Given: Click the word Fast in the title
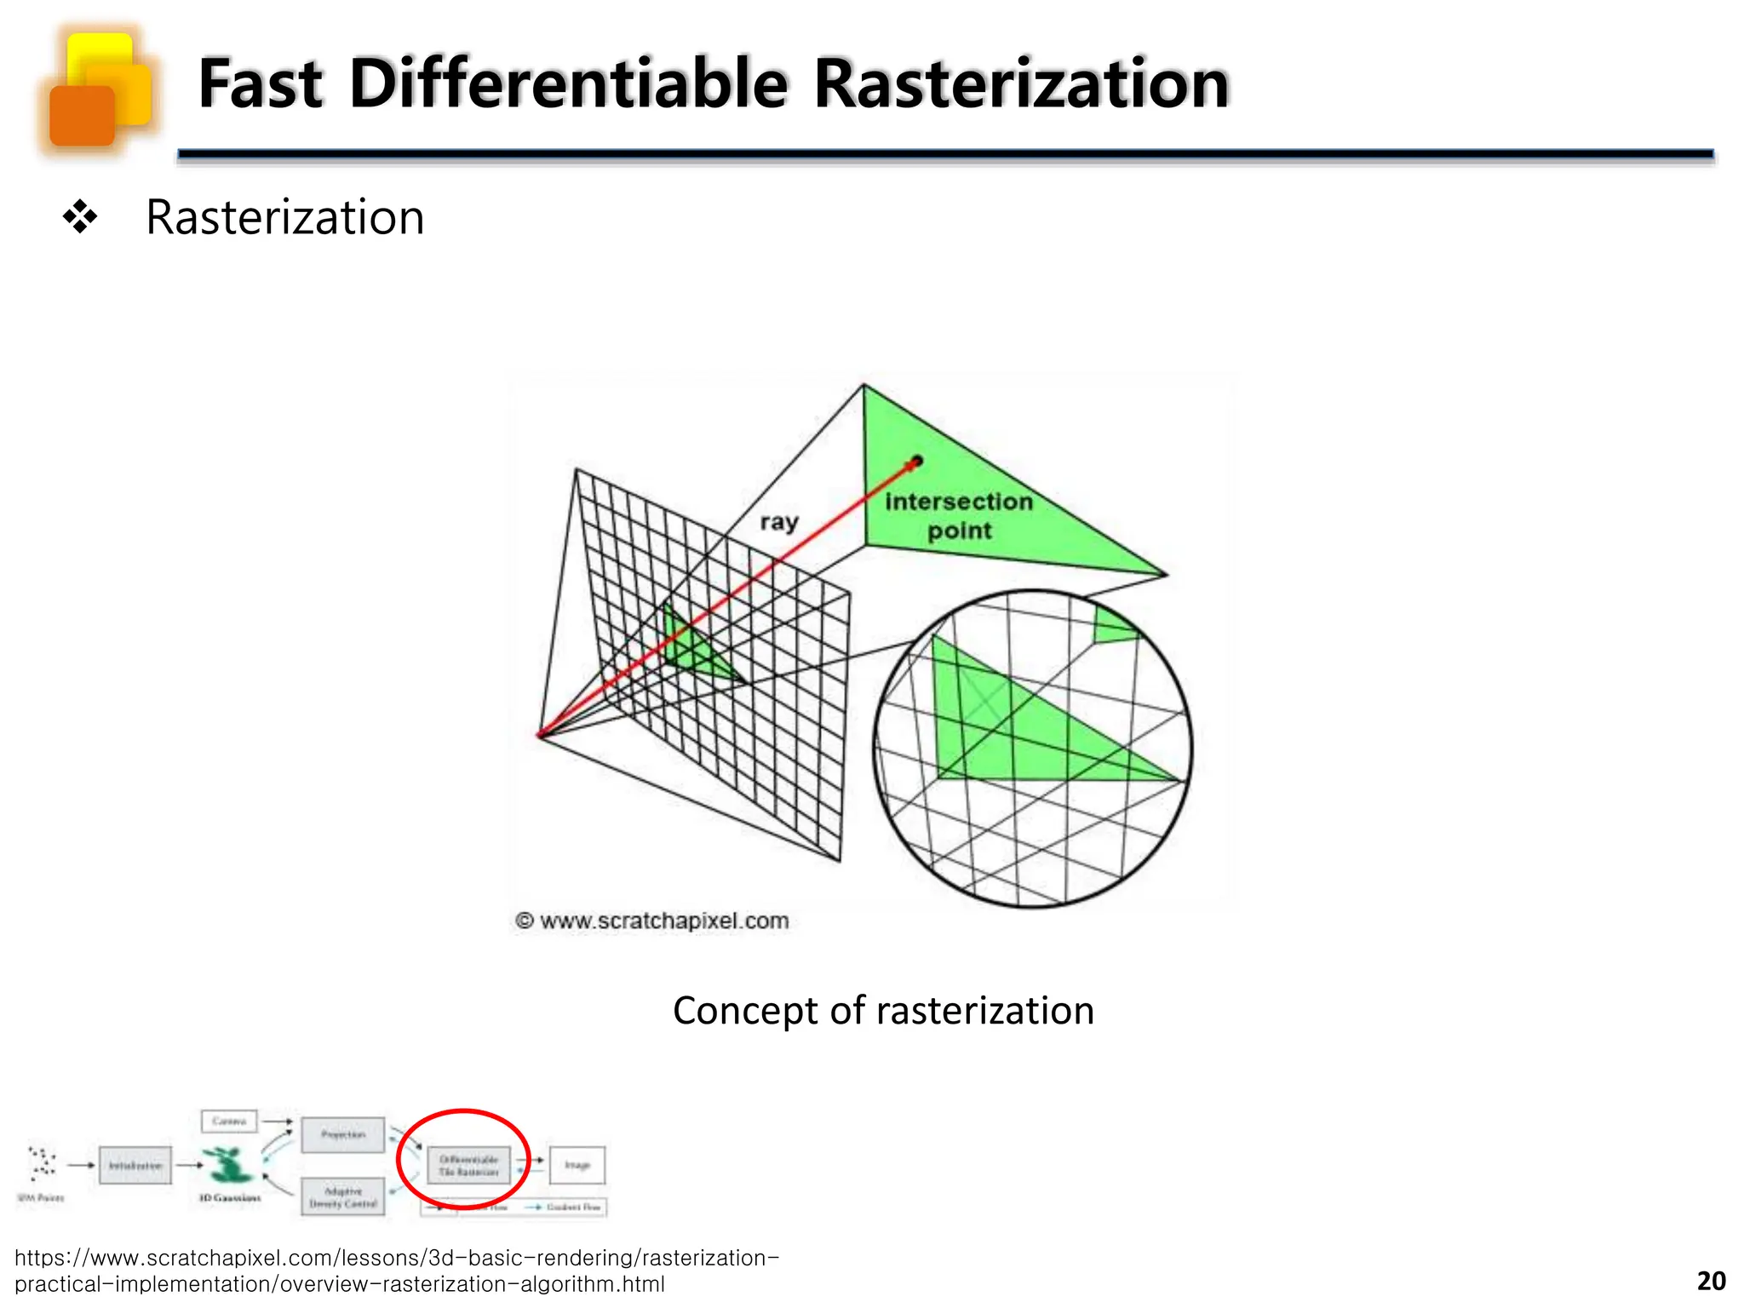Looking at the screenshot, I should [x=260, y=84].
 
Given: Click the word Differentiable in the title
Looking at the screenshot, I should [x=569, y=84].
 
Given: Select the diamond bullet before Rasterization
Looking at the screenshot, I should [x=80, y=217].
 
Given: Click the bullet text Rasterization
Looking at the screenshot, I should [x=284, y=217].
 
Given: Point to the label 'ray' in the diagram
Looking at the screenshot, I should [x=778, y=521].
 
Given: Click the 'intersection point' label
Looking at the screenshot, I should [x=959, y=516].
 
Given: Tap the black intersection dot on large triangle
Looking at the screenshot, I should [x=916, y=462].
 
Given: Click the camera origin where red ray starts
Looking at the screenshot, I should [x=540, y=735].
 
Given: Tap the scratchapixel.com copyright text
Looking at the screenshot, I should [x=652, y=921].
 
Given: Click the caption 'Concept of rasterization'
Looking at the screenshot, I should [x=883, y=1011].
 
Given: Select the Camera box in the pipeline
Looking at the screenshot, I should [x=229, y=1121].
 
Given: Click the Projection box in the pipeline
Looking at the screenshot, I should [x=343, y=1135].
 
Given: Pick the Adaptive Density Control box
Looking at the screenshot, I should [x=343, y=1197].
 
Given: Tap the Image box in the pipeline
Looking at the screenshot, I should [x=577, y=1165].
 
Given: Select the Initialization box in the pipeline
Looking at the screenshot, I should [x=135, y=1166].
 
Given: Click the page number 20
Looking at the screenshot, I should [x=1711, y=1281].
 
